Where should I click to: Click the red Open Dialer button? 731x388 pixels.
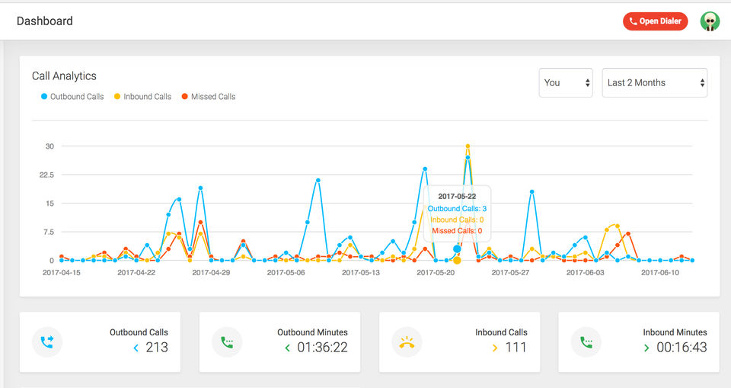click(x=655, y=21)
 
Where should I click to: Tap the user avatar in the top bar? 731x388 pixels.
click(x=710, y=21)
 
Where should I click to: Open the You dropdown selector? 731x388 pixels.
click(x=566, y=82)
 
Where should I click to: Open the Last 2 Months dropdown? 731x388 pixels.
click(x=654, y=82)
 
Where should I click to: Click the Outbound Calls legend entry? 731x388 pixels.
click(x=72, y=97)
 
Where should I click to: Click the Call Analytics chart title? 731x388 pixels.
click(x=64, y=76)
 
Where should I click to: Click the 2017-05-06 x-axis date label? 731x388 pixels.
click(x=286, y=272)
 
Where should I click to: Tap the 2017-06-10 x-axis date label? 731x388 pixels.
click(x=659, y=272)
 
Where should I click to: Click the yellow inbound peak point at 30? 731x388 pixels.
click(x=468, y=146)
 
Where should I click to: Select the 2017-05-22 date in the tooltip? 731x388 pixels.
click(x=457, y=197)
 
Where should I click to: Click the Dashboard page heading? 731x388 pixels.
click(x=45, y=21)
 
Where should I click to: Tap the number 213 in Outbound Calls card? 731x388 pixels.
click(x=157, y=348)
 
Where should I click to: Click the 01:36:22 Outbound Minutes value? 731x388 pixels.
click(x=321, y=348)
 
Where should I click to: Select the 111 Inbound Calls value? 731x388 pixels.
click(x=516, y=348)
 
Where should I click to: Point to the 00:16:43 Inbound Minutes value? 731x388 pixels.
click(x=682, y=348)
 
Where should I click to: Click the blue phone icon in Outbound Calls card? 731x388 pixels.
click(x=47, y=342)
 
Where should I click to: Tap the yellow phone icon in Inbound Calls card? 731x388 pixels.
click(x=407, y=342)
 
